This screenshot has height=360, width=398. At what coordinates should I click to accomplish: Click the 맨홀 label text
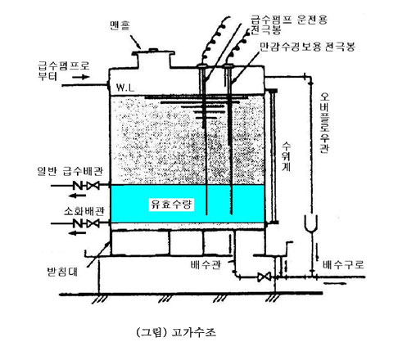pyautogui.click(x=120, y=25)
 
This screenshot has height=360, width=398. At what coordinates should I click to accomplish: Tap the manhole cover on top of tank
pyautogui.click(x=153, y=52)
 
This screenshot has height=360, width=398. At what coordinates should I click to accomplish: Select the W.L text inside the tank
pyautogui.click(x=125, y=88)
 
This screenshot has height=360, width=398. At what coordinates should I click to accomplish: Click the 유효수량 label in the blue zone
pyautogui.click(x=171, y=205)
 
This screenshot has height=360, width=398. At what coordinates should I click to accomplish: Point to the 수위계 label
pyautogui.click(x=286, y=156)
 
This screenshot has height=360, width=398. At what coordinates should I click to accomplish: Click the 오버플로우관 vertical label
pyautogui.click(x=324, y=123)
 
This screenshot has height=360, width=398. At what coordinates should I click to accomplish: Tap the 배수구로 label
pyautogui.click(x=343, y=264)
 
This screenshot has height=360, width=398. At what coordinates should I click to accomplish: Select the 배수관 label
pyautogui.click(x=206, y=264)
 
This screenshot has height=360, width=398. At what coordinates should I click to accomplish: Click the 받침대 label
pyautogui.click(x=62, y=272)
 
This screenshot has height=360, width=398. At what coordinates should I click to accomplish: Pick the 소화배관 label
pyautogui.click(x=84, y=211)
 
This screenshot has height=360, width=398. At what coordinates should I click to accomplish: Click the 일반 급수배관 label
pyautogui.click(x=70, y=171)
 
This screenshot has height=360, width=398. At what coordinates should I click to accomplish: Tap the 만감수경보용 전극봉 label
pyautogui.click(x=307, y=47)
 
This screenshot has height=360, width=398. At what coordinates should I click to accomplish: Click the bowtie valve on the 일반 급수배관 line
pyautogui.click(x=93, y=186)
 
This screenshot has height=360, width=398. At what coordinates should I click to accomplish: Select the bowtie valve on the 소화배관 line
pyautogui.click(x=93, y=223)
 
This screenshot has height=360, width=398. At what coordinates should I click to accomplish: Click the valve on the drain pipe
pyautogui.click(x=264, y=277)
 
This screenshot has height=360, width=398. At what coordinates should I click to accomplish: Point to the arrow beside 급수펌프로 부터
pyautogui.click(x=81, y=77)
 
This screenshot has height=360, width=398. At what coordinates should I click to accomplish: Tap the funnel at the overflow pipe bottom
pyautogui.click(x=311, y=223)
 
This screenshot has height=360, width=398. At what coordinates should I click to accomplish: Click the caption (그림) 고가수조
pyautogui.click(x=176, y=332)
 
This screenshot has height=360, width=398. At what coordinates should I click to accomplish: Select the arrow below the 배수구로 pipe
pyautogui.click(x=335, y=283)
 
